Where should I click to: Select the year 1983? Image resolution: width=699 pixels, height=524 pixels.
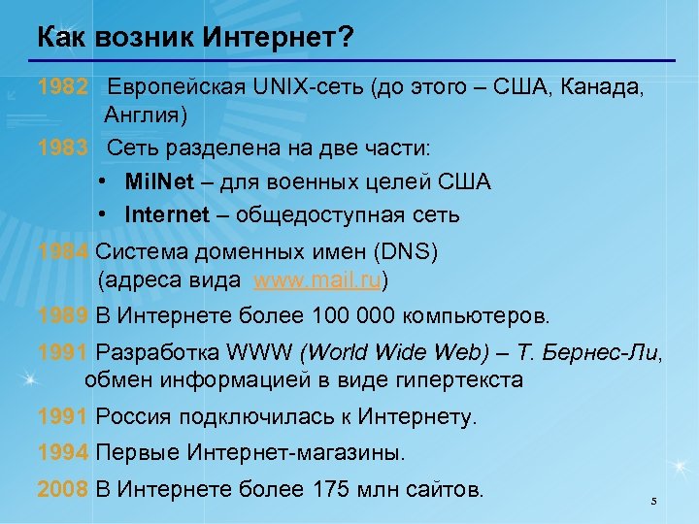coord(64,149)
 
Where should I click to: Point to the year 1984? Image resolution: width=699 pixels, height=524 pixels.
coord(64,252)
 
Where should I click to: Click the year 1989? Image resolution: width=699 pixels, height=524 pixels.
coord(64,316)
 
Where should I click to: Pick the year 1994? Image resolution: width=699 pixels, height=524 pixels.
coord(64,452)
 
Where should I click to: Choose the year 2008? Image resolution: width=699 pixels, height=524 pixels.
coord(64,488)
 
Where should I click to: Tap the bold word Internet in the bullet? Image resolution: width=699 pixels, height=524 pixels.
coord(167,213)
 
